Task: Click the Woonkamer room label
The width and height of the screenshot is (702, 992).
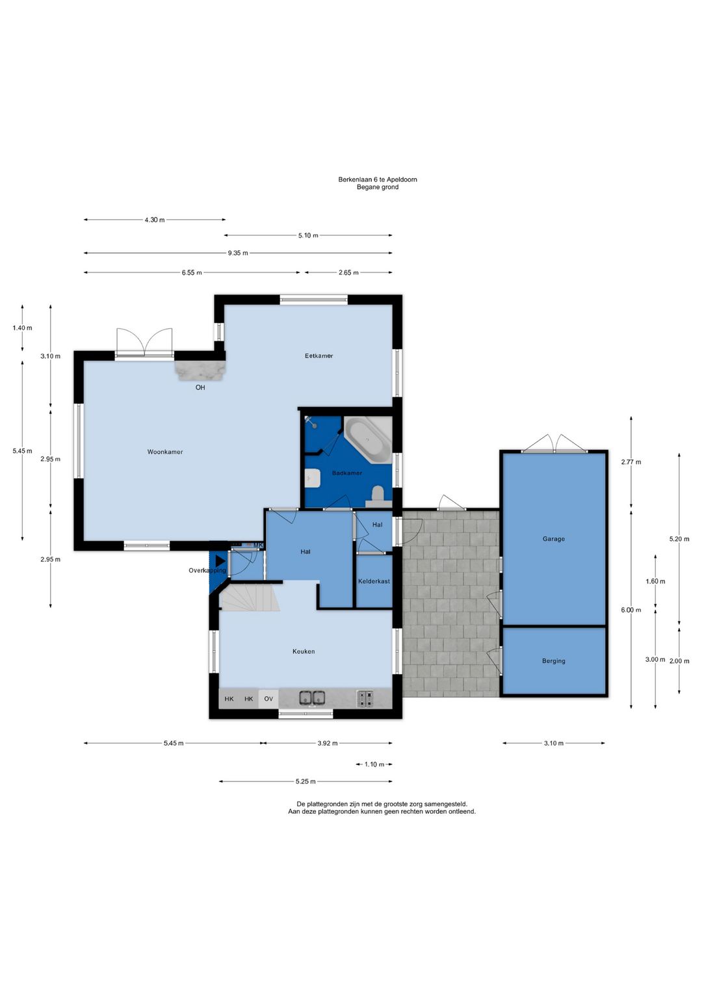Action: click(x=164, y=452)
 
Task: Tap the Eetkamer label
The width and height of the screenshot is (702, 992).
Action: click(x=318, y=356)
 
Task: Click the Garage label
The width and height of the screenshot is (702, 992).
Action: click(x=553, y=539)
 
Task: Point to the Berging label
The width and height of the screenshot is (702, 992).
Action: click(x=553, y=661)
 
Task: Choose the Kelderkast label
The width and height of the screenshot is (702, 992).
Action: click(x=374, y=581)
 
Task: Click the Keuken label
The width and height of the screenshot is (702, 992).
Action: click(x=304, y=651)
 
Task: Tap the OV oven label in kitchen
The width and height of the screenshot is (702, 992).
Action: click(x=268, y=699)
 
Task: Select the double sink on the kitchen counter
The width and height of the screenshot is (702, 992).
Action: click(x=312, y=698)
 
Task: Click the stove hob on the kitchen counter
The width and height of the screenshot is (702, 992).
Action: click(x=365, y=698)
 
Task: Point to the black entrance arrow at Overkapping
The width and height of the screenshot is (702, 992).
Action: click(x=220, y=562)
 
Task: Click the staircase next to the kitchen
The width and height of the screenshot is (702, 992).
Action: click(x=250, y=598)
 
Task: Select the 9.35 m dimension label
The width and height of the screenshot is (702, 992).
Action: click(x=238, y=254)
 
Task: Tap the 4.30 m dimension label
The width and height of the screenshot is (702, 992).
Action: click(x=154, y=220)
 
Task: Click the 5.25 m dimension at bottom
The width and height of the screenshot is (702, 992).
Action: click(x=305, y=781)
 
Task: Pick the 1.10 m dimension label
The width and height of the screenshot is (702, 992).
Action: click(x=374, y=764)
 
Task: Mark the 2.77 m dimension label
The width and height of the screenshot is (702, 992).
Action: click(x=630, y=462)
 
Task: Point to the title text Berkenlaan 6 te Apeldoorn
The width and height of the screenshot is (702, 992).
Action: click(x=378, y=179)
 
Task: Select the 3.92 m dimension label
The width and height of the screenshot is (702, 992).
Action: click(x=328, y=744)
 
